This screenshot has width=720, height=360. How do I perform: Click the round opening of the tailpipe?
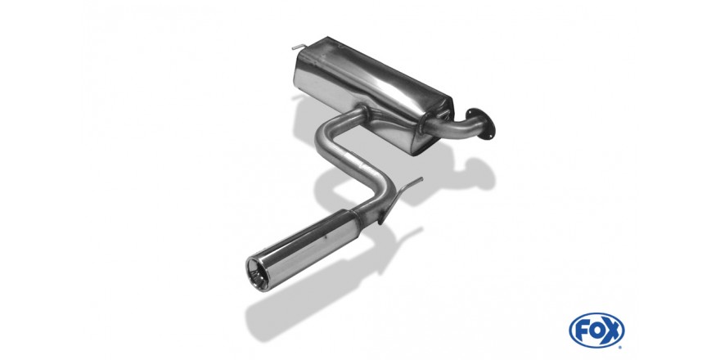point(258,273)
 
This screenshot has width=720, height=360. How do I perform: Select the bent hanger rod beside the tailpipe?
point(398,196)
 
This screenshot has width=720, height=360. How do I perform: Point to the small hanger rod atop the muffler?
point(299,47)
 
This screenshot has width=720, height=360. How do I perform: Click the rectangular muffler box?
point(373,92)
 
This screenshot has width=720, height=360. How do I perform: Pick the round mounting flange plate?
point(481,123)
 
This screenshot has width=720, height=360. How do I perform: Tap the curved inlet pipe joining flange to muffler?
point(455,126)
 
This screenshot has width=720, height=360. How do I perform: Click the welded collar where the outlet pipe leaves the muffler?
point(362,111)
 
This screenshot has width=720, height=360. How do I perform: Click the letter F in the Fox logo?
point(582,331)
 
